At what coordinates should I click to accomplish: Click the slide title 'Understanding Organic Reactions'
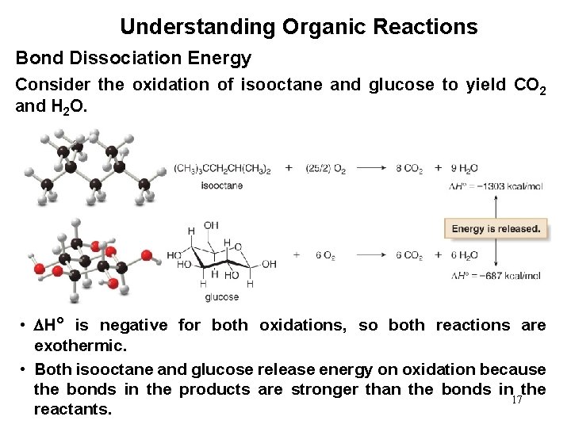298,28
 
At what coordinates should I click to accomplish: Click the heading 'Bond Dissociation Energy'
134,59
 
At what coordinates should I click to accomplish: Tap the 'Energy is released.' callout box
496,229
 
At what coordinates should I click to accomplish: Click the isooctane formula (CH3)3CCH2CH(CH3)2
222,169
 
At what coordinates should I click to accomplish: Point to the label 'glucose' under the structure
221,297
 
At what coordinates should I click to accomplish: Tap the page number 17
517,400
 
